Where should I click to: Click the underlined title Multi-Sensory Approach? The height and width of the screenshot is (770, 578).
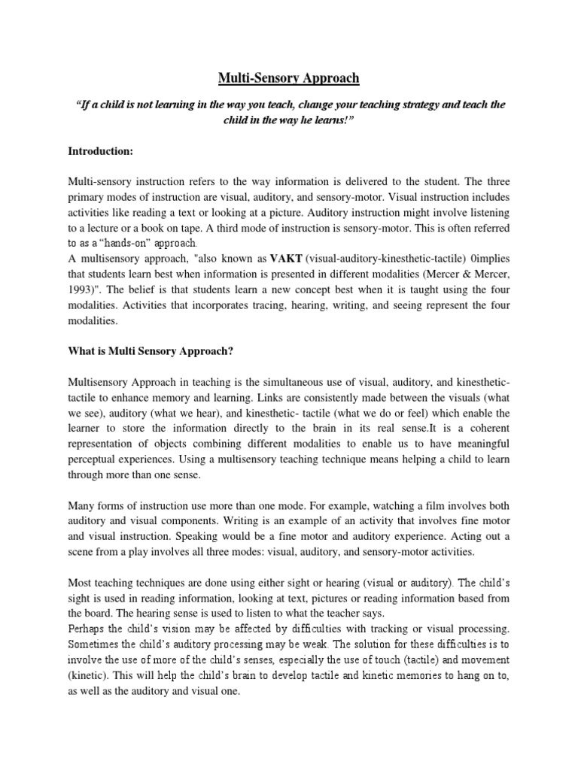(288, 78)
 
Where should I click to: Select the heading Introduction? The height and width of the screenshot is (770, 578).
(101, 152)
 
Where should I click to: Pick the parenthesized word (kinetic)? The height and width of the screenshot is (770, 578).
(92, 676)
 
